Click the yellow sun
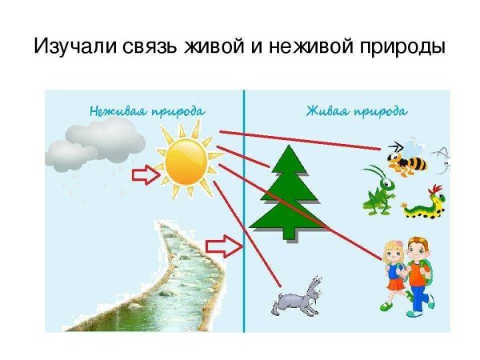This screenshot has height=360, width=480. [x=186, y=161]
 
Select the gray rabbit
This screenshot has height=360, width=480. [x=297, y=297]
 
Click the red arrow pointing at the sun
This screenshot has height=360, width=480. [x=146, y=174]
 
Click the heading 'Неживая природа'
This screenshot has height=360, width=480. [x=147, y=110]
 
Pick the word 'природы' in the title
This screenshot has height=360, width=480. [x=405, y=46]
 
